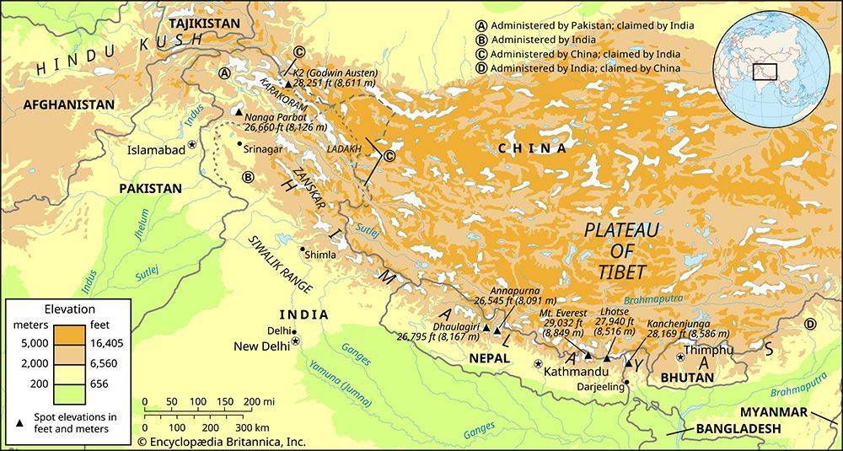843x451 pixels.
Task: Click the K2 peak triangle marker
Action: (288, 83)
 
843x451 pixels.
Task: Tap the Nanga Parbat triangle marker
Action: (239, 113)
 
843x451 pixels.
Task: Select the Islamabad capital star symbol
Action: (192, 145)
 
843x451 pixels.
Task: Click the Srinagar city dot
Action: (239, 145)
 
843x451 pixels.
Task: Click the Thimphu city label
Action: (708, 350)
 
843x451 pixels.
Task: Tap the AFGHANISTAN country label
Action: (68, 105)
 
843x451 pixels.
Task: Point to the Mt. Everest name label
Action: (565, 312)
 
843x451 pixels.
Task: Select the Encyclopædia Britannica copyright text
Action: (221, 441)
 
